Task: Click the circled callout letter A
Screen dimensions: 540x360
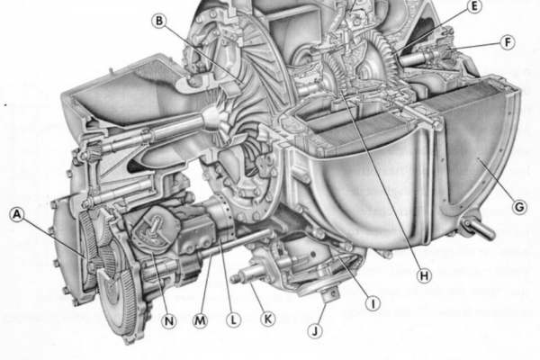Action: tap(16, 214)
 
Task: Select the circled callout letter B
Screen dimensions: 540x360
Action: tap(159, 21)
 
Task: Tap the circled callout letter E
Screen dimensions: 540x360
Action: tap(475, 6)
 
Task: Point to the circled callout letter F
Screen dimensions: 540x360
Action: tap(508, 42)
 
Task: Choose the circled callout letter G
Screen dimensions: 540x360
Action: tap(519, 207)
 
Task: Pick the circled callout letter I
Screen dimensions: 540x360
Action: tap(373, 303)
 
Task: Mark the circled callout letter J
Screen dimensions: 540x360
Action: tap(316, 331)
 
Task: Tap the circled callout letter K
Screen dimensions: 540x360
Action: tap(267, 319)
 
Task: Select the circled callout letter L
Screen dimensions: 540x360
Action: tap(233, 320)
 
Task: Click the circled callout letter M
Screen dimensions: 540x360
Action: tap(200, 320)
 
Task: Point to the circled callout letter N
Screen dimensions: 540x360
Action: tap(169, 321)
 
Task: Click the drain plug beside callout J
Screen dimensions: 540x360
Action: tap(330, 295)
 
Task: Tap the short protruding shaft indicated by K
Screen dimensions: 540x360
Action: tap(245, 276)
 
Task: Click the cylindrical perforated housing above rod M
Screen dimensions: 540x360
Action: tap(222, 217)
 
